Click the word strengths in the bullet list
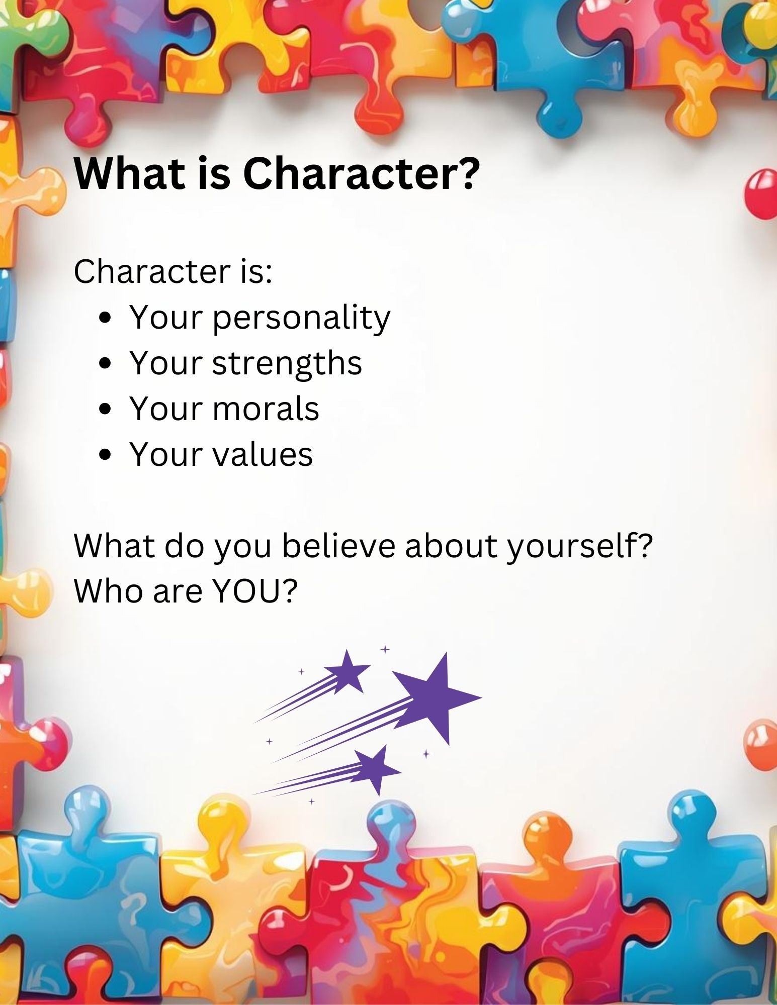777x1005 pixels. [287, 363]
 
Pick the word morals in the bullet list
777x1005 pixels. [266, 409]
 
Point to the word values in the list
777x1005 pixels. [263, 454]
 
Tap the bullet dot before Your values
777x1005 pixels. [105, 455]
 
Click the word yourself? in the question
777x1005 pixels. [580, 547]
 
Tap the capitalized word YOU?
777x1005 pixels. [255, 591]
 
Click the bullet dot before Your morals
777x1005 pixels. [105, 410]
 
